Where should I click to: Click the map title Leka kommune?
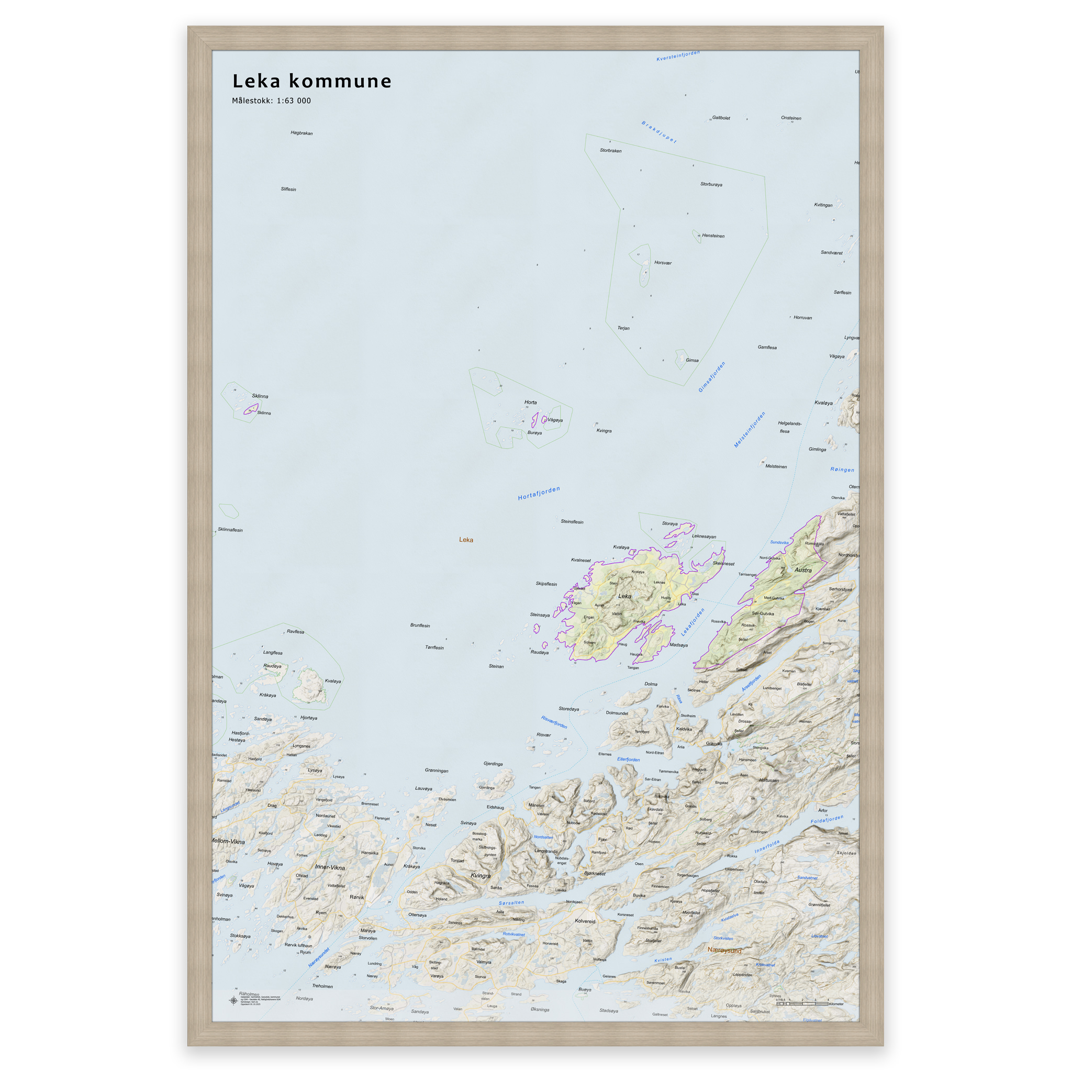[x=311, y=82]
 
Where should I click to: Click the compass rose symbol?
[x=233, y=1000]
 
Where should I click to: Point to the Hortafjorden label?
[x=539, y=493]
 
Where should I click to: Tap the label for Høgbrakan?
[x=301, y=133]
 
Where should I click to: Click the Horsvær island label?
[x=663, y=263]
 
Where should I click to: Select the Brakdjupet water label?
[x=658, y=132]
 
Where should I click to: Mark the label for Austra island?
[x=803, y=571]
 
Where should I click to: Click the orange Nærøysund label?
[x=724, y=951]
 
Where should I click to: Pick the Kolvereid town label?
[x=585, y=921]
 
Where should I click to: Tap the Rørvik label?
[x=357, y=897]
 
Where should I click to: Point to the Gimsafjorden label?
[x=711, y=377]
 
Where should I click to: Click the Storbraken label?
[x=610, y=151]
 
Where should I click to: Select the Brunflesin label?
[x=420, y=626]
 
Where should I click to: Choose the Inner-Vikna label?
[x=330, y=867]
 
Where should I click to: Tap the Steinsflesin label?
[x=572, y=522]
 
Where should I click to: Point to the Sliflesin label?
[x=288, y=189]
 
